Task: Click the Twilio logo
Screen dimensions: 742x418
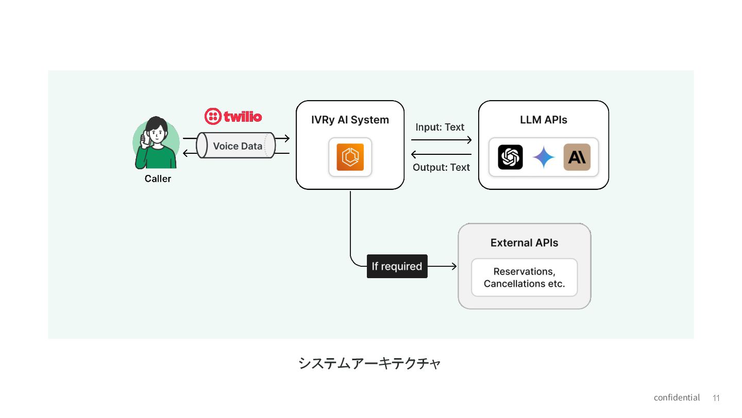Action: pos(233,116)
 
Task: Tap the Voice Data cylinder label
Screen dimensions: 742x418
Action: pos(238,146)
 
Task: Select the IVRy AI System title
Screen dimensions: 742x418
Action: pos(350,120)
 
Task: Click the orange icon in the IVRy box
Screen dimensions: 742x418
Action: pos(350,157)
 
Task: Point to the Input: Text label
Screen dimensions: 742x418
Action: pos(440,127)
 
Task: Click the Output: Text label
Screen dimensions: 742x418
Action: pos(441,167)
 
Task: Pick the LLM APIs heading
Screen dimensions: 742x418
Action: pos(543,120)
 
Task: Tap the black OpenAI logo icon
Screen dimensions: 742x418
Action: pos(510,157)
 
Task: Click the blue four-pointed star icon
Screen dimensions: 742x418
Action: pos(544,157)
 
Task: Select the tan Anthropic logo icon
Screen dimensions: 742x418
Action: pos(577,157)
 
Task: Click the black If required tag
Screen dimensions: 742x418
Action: pos(397,266)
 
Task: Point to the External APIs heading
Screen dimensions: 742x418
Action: pos(525,243)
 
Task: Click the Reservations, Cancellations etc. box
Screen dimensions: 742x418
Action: pos(525,277)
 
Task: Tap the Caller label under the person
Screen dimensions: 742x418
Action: pos(158,179)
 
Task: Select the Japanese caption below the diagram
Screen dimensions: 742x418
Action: pos(369,363)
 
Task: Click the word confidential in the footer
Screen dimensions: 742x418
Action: pos(677,397)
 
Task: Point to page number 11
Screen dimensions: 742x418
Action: pos(716,398)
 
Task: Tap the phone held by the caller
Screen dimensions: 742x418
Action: pos(145,138)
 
